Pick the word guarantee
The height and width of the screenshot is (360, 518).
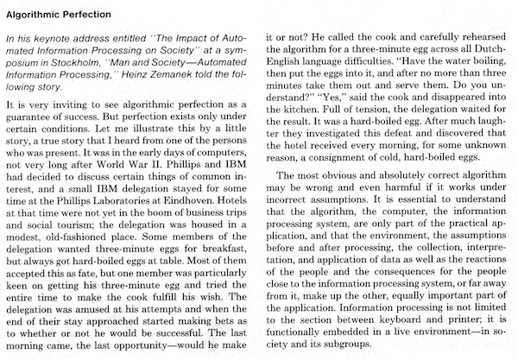coord(35,115)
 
